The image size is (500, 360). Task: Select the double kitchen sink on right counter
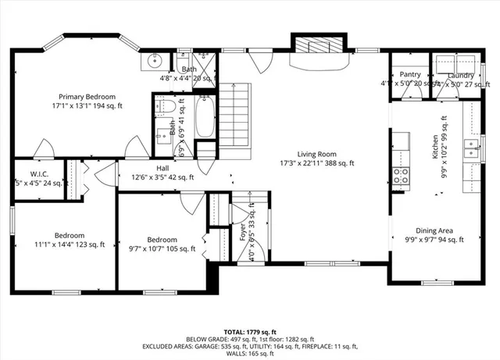coord(471,148)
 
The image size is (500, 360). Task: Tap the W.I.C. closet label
coord(40,173)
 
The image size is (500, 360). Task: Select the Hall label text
coord(162,168)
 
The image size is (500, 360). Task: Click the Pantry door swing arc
coord(413,91)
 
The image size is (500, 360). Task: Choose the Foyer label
coord(242,233)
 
